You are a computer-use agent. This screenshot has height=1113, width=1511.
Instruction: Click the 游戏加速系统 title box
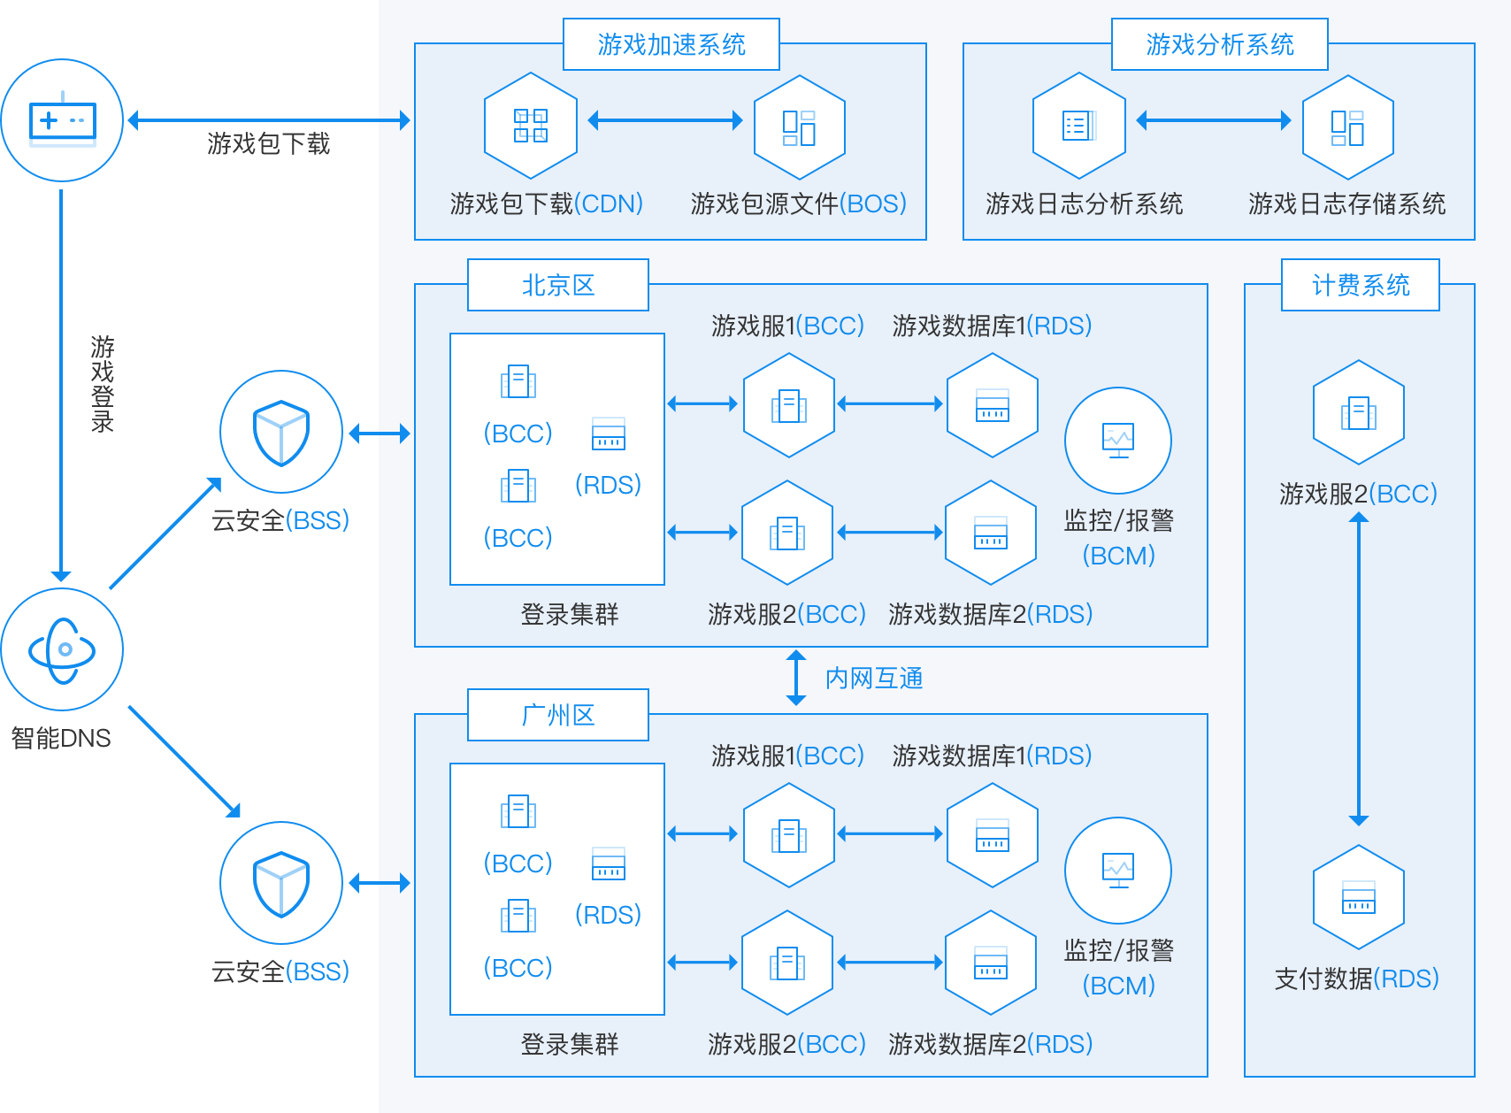(x=671, y=44)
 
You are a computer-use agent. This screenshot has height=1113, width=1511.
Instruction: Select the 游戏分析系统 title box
(x=1219, y=44)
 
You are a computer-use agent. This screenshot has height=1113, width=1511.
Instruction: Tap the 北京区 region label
(x=557, y=285)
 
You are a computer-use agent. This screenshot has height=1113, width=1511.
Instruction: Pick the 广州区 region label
(x=557, y=715)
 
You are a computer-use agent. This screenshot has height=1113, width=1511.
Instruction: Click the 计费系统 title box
(x=1360, y=285)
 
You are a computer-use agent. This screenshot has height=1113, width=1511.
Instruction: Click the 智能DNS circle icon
(x=62, y=649)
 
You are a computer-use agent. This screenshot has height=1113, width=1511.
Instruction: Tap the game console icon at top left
(x=62, y=120)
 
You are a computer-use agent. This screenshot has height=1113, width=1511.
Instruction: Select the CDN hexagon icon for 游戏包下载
(x=531, y=126)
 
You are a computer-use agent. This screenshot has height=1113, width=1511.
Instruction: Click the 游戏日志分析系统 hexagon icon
(x=1078, y=126)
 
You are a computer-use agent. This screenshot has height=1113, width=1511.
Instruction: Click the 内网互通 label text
(x=874, y=679)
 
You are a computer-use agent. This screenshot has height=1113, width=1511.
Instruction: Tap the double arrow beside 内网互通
(x=796, y=678)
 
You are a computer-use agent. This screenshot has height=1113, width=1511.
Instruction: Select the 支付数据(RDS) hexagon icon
(x=1358, y=897)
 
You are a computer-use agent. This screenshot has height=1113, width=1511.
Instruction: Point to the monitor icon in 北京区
(x=1117, y=441)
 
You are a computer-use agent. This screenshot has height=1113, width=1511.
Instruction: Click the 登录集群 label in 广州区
(x=569, y=1044)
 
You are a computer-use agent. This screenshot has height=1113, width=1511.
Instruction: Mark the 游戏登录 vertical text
(x=103, y=383)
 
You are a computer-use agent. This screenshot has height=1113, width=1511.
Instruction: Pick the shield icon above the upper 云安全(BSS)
(x=281, y=432)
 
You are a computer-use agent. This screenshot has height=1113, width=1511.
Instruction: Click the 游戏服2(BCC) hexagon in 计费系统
(x=1358, y=412)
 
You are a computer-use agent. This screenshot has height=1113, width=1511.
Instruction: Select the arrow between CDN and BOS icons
(x=664, y=120)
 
